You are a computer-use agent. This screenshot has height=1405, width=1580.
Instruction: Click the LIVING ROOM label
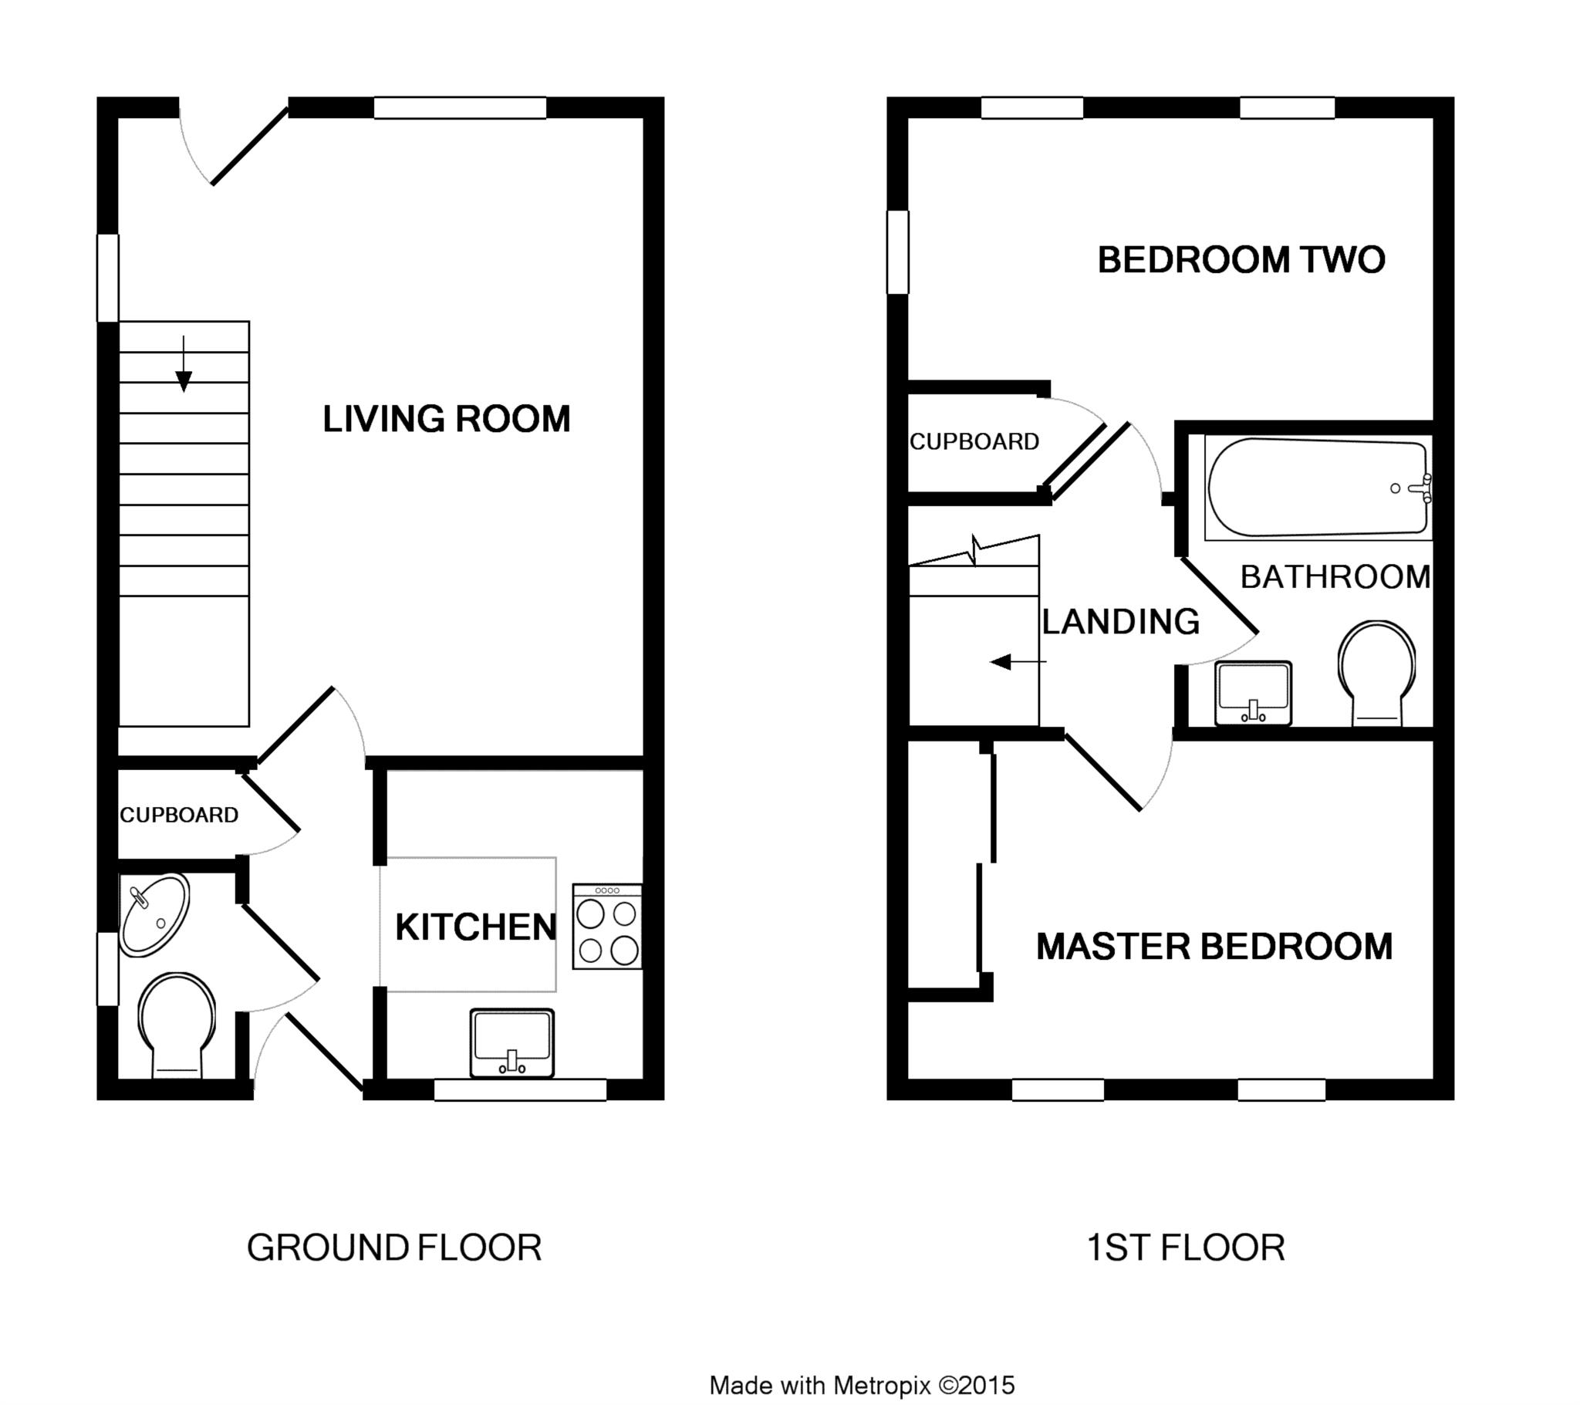click(x=446, y=419)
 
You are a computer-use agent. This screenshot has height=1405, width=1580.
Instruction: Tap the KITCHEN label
click(x=475, y=927)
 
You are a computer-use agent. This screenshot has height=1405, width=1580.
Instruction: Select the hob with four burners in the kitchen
click(x=607, y=927)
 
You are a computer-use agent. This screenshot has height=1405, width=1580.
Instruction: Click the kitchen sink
click(x=511, y=1043)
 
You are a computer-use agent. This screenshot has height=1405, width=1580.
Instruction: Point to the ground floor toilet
click(x=177, y=1025)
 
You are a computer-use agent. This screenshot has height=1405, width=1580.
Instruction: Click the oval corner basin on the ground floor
click(x=154, y=915)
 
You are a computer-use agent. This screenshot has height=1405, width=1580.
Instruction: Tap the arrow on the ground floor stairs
click(x=183, y=363)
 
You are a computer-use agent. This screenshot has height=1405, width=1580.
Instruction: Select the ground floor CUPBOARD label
click(x=179, y=815)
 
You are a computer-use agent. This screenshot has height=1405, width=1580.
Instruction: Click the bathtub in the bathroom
click(x=1318, y=488)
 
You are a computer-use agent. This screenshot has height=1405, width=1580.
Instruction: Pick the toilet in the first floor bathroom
click(x=1376, y=674)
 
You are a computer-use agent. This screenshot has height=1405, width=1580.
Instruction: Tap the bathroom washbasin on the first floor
click(x=1253, y=694)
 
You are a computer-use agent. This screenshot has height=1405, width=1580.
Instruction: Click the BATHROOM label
click(x=1335, y=577)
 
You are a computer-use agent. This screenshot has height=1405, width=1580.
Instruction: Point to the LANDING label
click(x=1121, y=622)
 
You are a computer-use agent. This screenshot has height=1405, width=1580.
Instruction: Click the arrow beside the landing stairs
click(x=1018, y=662)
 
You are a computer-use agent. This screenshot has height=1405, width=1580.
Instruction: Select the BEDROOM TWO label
click(x=1241, y=260)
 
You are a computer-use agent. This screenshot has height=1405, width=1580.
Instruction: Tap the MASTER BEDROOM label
click(x=1214, y=947)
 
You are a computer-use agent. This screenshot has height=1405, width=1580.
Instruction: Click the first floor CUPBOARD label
click(x=974, y=441)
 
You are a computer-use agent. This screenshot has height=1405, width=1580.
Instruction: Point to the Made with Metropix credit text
click(x=862, y=1385)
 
